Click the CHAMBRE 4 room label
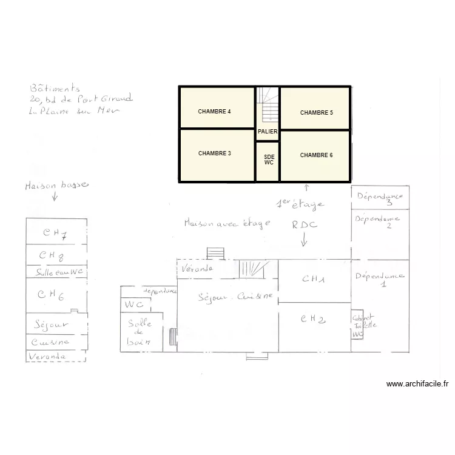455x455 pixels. (214, 112)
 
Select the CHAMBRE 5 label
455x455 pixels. (316, 113)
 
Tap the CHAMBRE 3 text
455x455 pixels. (214, 153)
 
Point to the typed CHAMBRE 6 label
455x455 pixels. (316, 155)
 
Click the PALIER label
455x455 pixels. (268, 132)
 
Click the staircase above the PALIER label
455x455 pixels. (268, 106)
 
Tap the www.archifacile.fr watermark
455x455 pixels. (417, 384)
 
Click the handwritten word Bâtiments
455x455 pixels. (55, 89)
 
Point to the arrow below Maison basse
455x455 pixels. (55, 197)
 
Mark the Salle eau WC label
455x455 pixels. (59, 272)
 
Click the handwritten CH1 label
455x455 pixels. (314, 280)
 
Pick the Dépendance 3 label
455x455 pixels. (380, 198)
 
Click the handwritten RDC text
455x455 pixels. (304, 224)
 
